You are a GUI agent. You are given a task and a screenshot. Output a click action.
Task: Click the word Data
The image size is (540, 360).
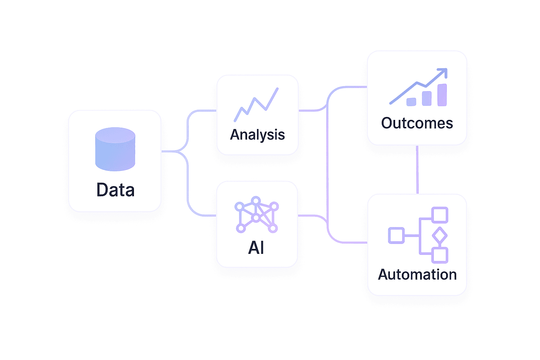tap(115, 190)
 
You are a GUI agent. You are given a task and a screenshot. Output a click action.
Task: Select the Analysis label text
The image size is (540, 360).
tap(257, 135)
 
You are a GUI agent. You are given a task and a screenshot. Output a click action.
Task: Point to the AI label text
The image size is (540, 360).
tap(256, 247)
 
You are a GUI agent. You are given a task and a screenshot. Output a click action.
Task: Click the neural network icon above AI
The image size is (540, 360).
tap(256, 215)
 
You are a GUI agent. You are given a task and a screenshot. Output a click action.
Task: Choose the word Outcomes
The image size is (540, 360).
tap(417, 123)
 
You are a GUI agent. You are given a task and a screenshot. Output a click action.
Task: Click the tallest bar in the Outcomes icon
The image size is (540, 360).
tap(442, 95)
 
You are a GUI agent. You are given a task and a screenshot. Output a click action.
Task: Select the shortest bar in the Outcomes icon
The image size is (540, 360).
tap(411, 102)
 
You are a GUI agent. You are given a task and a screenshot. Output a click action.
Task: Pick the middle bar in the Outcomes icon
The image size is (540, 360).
tap(426, 98)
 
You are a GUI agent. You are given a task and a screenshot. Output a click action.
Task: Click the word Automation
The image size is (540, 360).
tap(417, 275)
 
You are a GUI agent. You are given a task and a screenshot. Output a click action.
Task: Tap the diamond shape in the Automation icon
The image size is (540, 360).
tap(439, 235)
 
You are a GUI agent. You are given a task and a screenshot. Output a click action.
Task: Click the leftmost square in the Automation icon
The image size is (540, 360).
tap(396, 235)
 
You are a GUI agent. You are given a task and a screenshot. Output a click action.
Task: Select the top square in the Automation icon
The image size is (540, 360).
tap(439, 215)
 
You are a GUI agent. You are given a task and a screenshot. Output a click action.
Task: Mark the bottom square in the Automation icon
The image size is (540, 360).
tap(439, 255)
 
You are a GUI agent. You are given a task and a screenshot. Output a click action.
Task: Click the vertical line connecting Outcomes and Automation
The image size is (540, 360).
tap(417, 169)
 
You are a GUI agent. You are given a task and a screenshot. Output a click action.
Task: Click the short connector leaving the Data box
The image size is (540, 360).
tap(169, 152)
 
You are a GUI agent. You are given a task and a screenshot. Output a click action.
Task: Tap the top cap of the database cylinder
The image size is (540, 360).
tap(115, 135)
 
